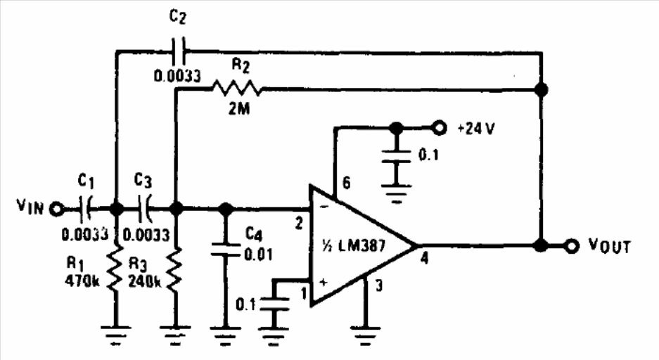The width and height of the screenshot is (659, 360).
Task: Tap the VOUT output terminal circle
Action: (573, 246)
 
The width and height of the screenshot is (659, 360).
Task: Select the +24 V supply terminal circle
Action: (440, 129)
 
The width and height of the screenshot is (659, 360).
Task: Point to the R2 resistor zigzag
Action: (236, 89)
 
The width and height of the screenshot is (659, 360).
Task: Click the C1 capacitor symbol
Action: (87, 209)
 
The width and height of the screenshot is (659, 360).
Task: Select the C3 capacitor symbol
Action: (146, 209)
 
